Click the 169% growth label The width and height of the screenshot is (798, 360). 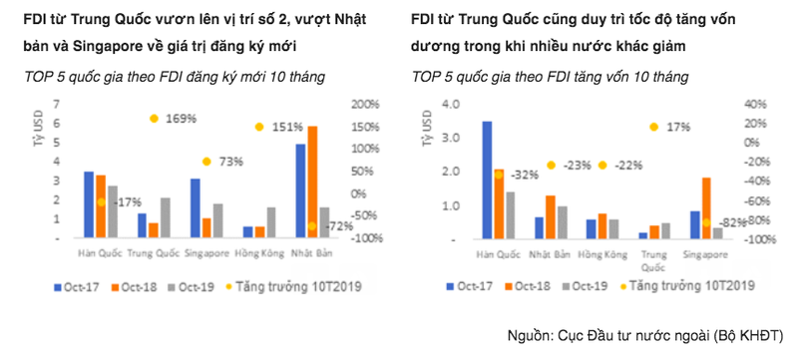click(181, 119)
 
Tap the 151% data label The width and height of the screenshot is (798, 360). click(287, 127)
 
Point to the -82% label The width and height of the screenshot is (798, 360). click(732, 221)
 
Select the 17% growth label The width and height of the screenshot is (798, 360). click(678, 127)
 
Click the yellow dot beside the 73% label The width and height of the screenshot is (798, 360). click(206, 161)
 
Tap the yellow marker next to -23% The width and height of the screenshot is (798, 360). click(550, 165)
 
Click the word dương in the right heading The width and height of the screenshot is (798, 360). click(430, 46)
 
